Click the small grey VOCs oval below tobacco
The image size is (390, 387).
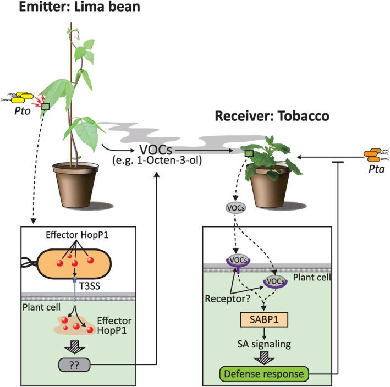(x=235, y=209)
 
